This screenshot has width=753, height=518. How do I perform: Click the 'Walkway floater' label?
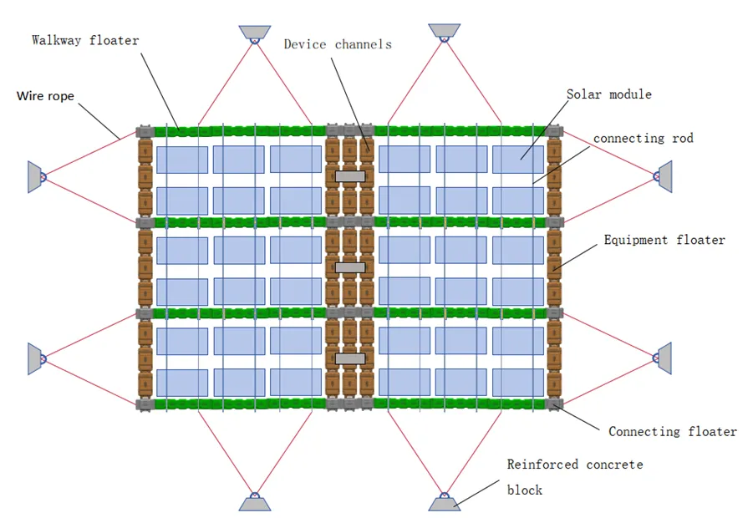click(x=85, y=40)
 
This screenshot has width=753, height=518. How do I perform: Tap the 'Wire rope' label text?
click(x=46, y=96)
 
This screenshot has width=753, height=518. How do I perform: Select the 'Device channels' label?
click(x=338, y=44)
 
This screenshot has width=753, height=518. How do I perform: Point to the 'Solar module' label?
click(x=609, y=94)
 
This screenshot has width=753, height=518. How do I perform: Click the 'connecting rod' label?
click(x=644, y=138)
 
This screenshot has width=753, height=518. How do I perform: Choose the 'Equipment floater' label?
click(x=664, y=240)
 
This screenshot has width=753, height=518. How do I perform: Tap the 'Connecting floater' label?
click(x=672, y=432)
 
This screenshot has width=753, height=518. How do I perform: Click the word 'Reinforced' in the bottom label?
click(x=542, y=465)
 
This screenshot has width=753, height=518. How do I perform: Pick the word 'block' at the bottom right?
click(x=525, y=490)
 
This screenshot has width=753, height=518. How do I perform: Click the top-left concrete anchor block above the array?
click(x=255, y=32)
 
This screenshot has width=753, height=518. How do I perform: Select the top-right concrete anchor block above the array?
click(x=445, y=31)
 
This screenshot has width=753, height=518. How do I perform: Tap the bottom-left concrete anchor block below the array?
click(x=255, y=504)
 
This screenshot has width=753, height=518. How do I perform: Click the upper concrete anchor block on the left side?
click(x=35, y=177)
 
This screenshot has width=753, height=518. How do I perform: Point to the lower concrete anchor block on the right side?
click(x=664, y=358)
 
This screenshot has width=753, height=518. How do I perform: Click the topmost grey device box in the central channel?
click(x=350, y=176)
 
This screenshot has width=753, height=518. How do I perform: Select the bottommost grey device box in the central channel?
click(x=350, y=358)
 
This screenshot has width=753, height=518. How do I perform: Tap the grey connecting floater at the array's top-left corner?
click(x=145, y=131)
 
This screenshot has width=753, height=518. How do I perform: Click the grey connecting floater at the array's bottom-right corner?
click(x=554, y=404)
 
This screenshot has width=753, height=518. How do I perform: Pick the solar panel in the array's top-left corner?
click(x=182, y=160)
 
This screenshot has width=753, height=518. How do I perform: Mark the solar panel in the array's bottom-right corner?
click(x=518, y=382)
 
